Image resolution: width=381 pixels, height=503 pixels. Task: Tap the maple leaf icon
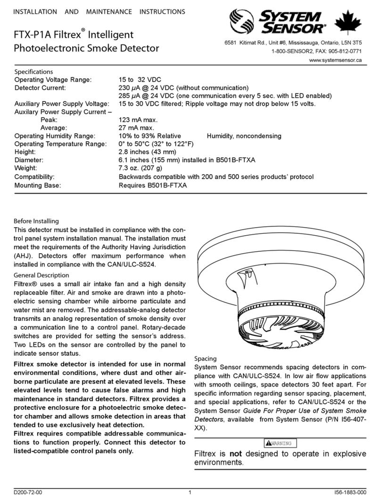(348, 24)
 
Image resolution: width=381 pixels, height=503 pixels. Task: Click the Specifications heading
(34, 72)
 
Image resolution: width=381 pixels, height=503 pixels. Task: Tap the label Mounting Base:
(38, 185)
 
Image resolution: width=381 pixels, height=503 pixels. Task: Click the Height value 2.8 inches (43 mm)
(147, 152)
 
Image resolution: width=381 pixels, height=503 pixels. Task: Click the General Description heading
(41, 275)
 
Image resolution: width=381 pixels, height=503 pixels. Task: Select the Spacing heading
(206, 358)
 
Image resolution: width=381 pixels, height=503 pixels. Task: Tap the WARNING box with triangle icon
(280, 443)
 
